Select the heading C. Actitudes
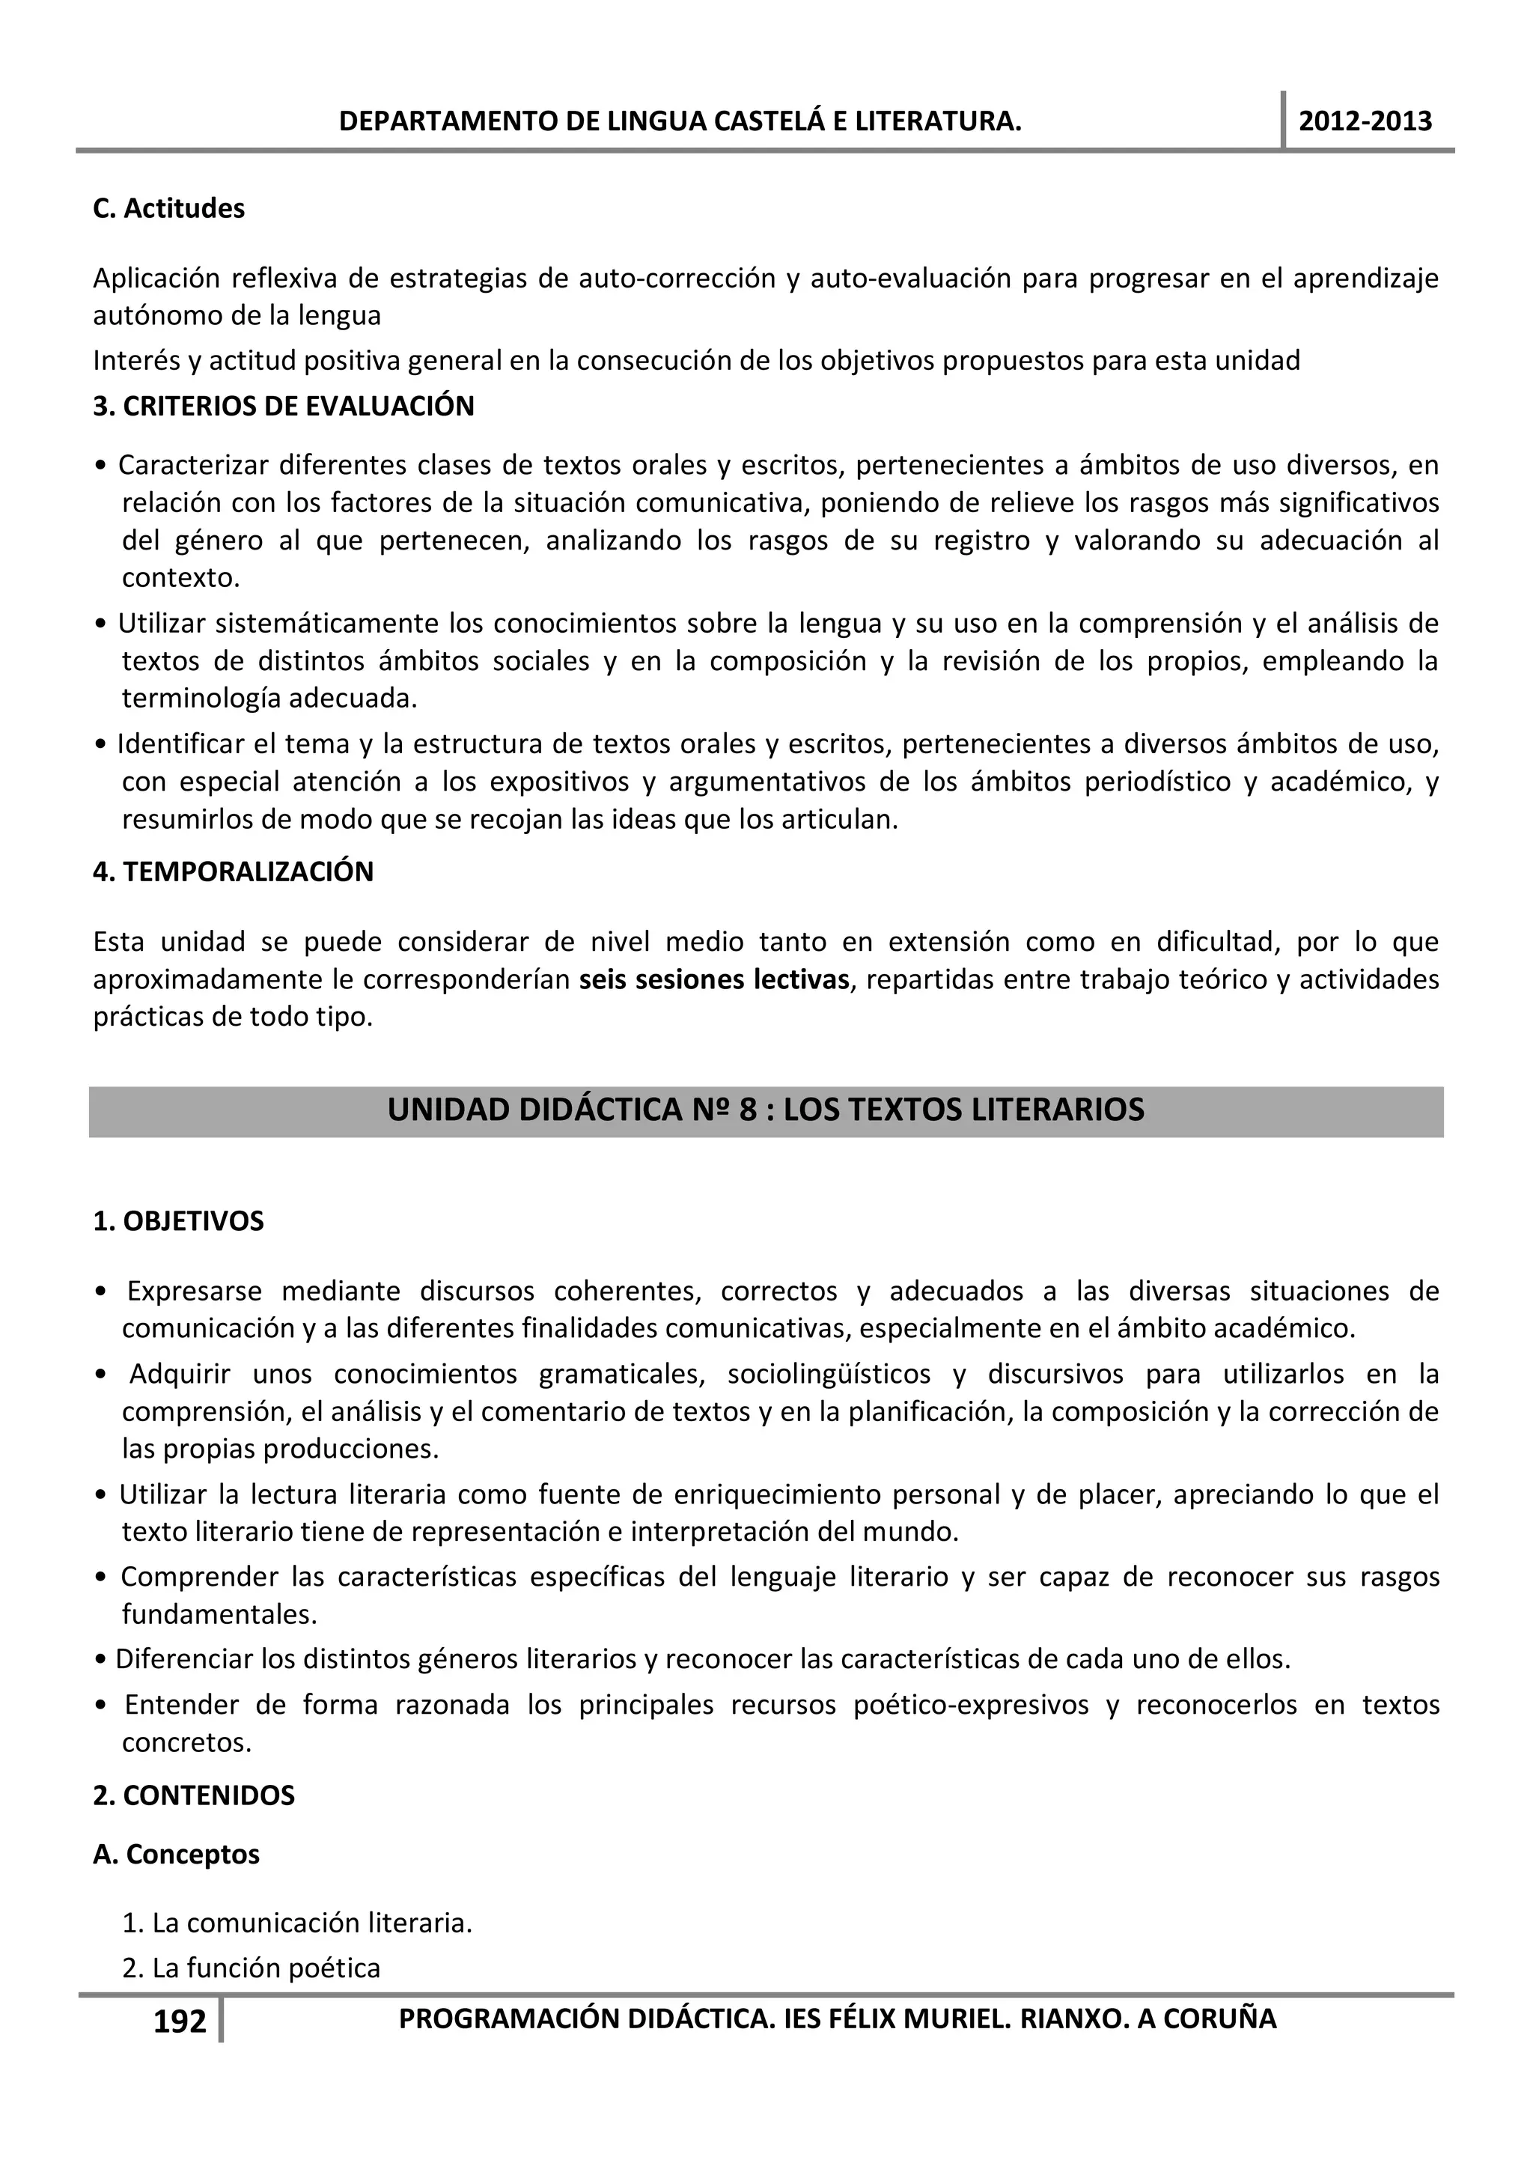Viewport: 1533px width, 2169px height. pyautogui.click(x=168, y=209)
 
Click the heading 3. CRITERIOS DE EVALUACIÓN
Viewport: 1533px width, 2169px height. pyautogui.click(x=284, y=407)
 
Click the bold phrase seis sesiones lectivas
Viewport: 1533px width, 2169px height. pyautogui.click(x=714, y=979)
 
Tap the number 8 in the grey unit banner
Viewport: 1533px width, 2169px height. pyautogui.click(x=748, y=1109)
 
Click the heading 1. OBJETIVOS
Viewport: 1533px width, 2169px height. pyautogui.click(x=178, y=1220)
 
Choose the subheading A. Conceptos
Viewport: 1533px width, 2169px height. pyautogui.click(x=176, y=1855)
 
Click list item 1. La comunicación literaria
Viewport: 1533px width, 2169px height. pyautogui.click(x=296, y=1923)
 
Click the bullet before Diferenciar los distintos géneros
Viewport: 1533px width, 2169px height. pyautogui.click(x=101, y=1660)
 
